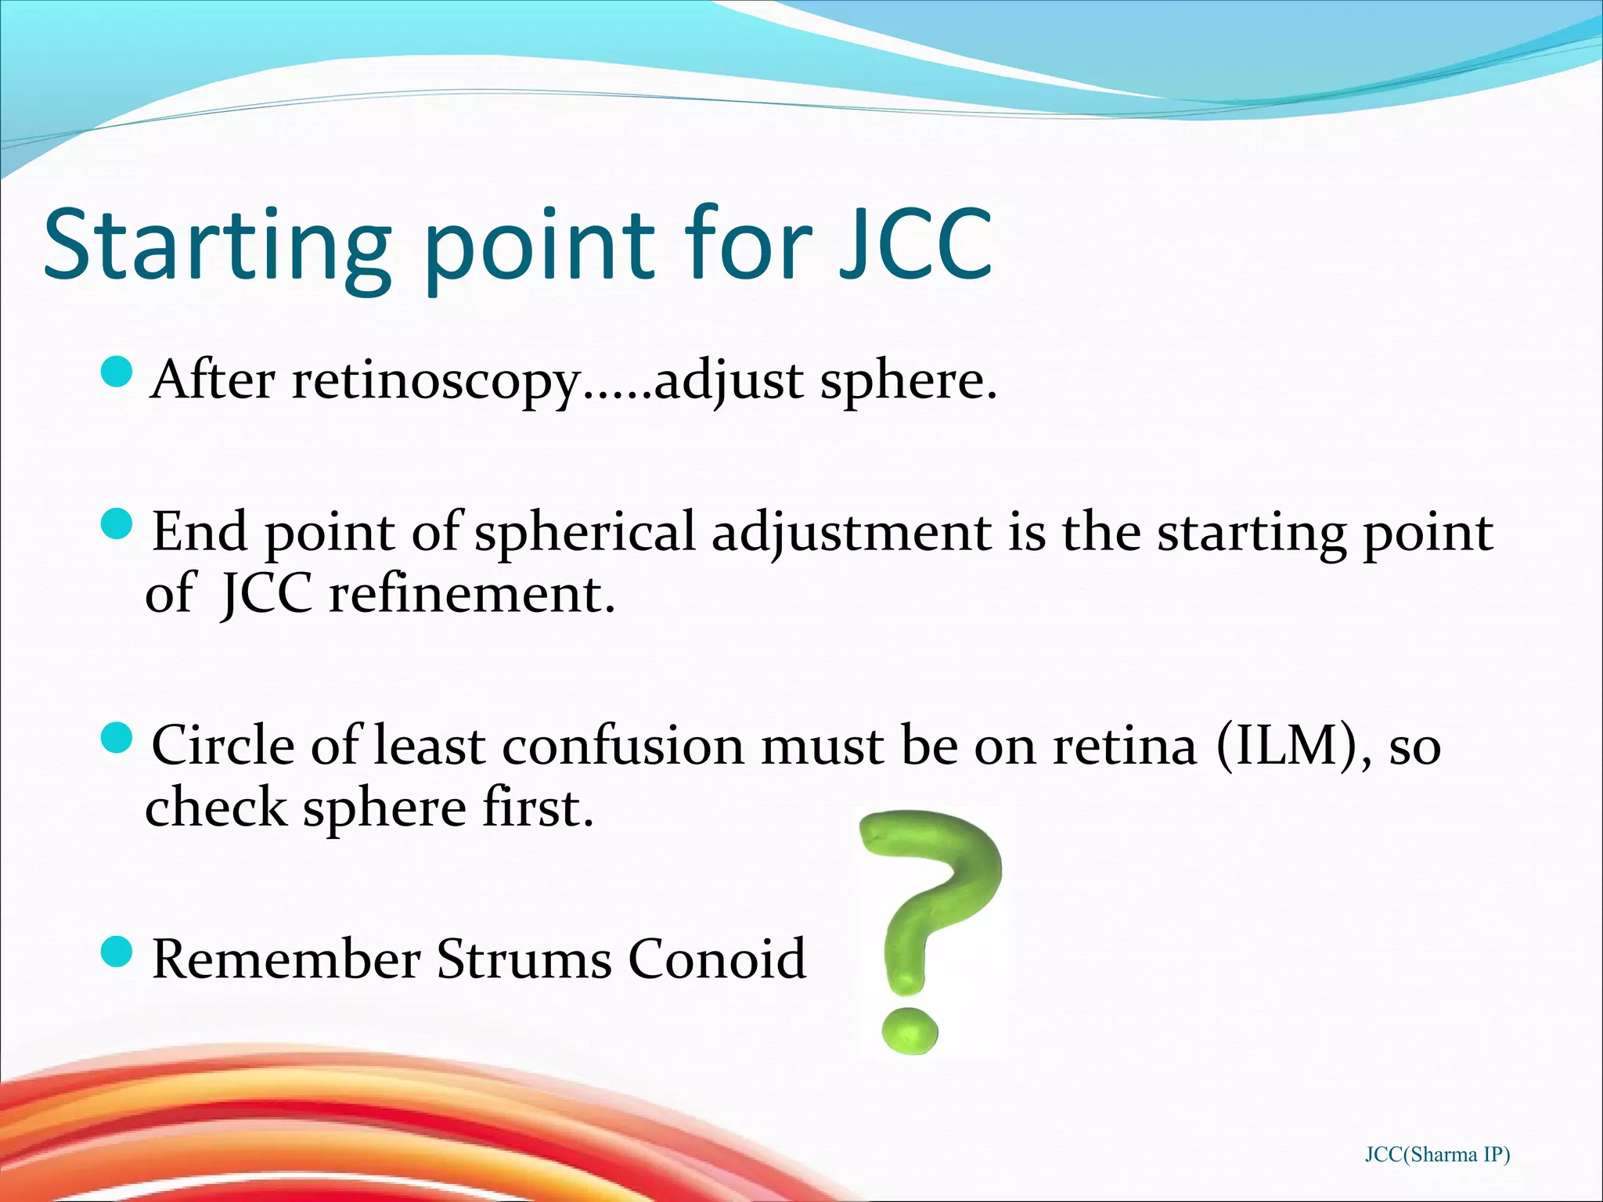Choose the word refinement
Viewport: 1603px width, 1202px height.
(x=471, y=595)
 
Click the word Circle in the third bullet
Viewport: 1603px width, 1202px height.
(x=222, y=745)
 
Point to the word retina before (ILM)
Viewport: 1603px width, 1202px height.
(x=1125, y=747)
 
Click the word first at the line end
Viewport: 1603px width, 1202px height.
(x=537, y=808)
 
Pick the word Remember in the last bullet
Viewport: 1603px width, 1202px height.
(x=286, y=959)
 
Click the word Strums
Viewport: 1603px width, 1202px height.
(x=524, y=959)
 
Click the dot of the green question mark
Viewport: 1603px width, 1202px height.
(x=909, y=1031)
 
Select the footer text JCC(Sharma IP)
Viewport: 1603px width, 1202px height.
(x=1437, y=1154)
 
